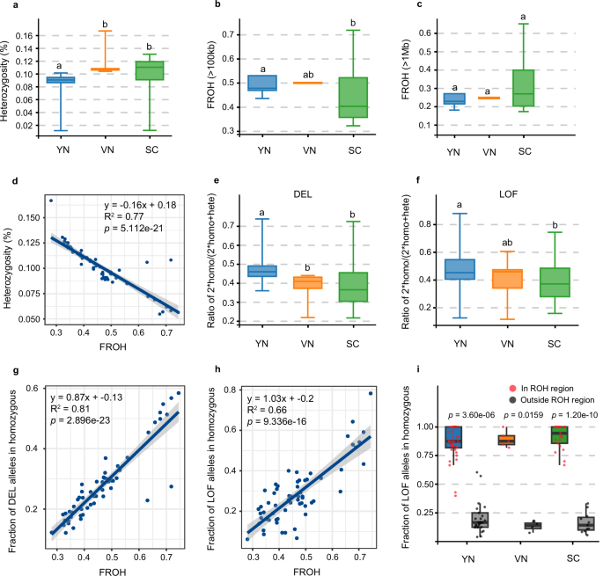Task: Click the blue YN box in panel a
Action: [x=61, y=80]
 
